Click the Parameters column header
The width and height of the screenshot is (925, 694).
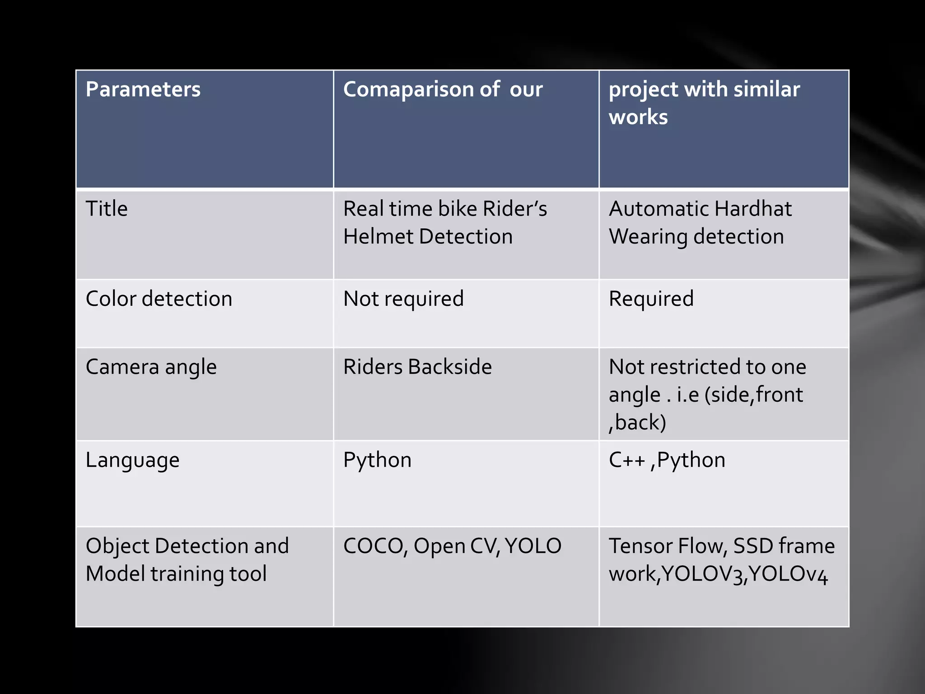coord(143,89)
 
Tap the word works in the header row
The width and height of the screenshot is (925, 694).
coord(638,117)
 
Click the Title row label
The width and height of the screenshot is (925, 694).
coord(107,209)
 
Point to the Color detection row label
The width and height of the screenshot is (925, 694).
coord(159,299)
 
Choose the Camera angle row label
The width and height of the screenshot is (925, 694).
coord(151,367)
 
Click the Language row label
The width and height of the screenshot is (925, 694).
coord(132,460)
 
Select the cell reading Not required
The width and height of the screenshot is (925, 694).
coord(403,299)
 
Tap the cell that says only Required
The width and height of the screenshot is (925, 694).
coord(651,299)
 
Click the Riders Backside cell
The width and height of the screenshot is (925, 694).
coord(417,367)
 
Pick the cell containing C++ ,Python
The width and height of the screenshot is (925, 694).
coord(667,460)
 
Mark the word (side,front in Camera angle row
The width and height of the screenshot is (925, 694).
coord(754,395)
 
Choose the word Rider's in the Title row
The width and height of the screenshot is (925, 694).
coord(514,209)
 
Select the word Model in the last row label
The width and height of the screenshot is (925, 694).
coord(115,574)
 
